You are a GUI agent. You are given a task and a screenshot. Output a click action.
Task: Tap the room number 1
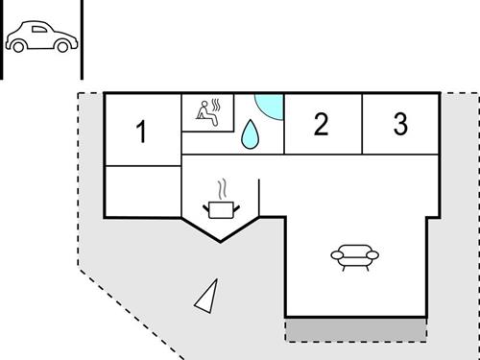(x=142, y=132)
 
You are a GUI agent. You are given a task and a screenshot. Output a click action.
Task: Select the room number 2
(x=322, y=124)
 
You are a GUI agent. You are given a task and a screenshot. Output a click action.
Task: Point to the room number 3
(x=400, y=124)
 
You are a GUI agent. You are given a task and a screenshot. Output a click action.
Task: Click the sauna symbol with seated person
(x=209, y=112)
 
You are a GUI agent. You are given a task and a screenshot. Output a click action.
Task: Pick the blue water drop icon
(x=252, y=135)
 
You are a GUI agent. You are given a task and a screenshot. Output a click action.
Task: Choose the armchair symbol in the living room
(x=354, y=255)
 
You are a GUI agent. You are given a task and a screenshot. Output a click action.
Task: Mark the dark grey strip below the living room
(x=356, y=329)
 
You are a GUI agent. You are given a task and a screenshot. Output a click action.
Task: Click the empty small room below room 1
(x=142, y=190)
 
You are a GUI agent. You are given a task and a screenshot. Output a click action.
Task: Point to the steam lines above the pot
(x=223, y=186)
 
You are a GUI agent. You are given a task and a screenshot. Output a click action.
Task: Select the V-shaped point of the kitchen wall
(x=220, y=241)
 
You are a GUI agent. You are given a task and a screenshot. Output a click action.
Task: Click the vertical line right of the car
(x=83, y=38)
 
